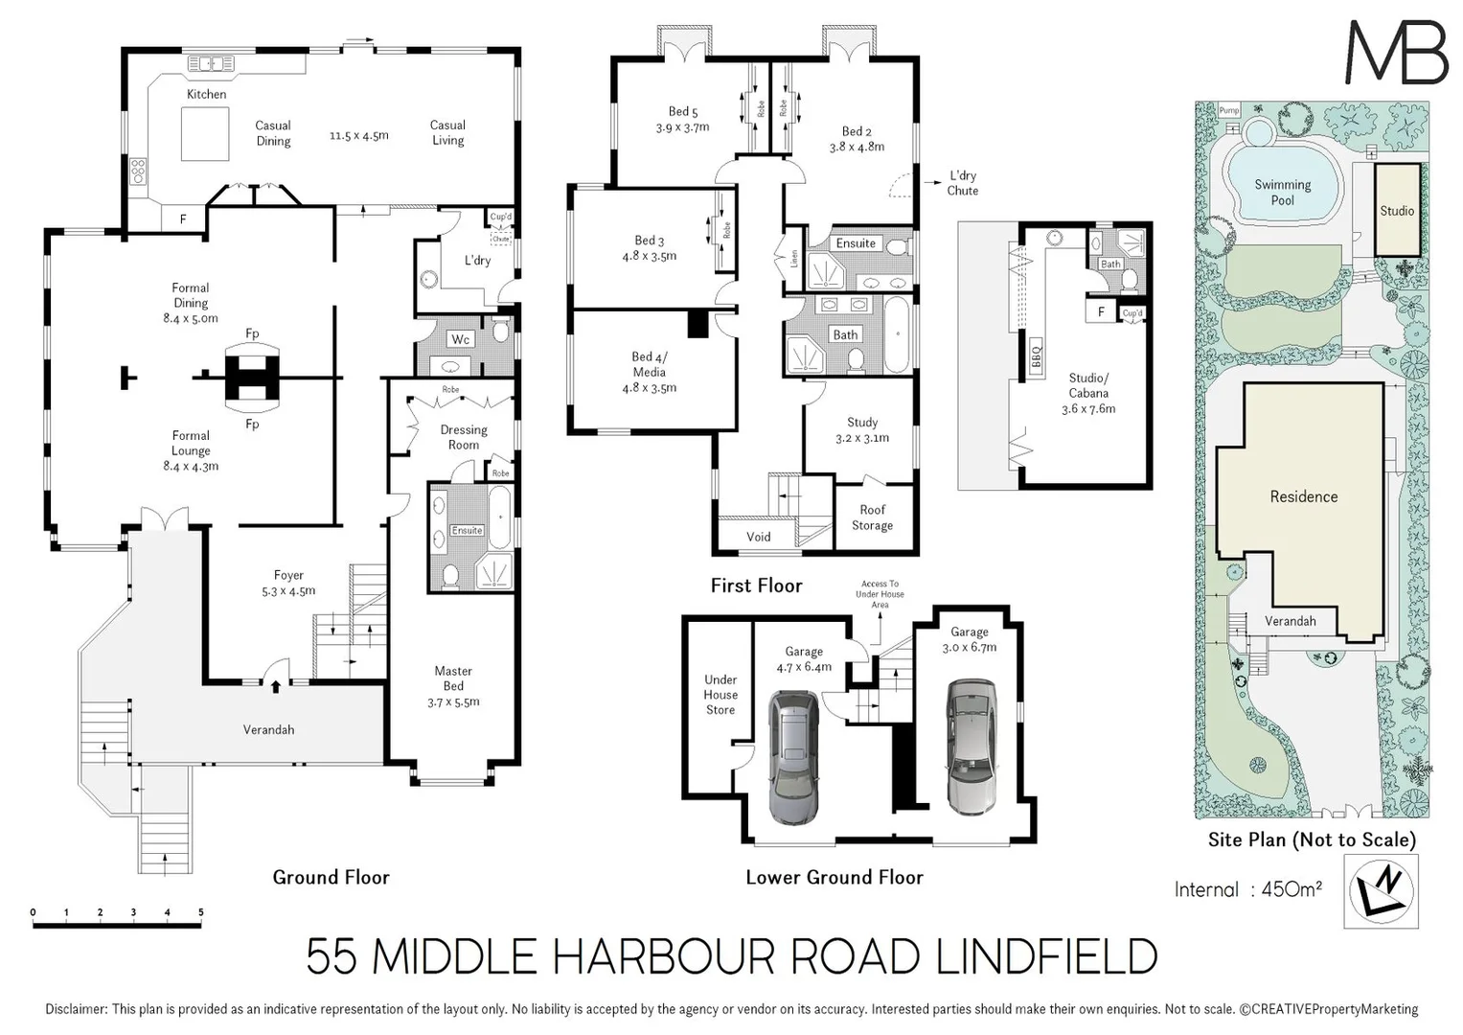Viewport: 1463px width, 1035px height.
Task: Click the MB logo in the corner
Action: (x=1396, y=53)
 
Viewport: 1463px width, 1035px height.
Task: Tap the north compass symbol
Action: (x=1381, y=890)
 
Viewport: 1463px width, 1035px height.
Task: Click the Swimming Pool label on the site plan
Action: (x=1282, y=193)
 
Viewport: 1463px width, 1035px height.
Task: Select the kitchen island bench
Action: (x=205, y=134)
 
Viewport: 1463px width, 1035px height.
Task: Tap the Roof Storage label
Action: (x=872, y=517)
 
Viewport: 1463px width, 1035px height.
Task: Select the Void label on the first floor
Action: (x=758, y=537)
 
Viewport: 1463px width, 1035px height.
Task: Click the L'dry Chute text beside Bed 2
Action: (x=963, y=183)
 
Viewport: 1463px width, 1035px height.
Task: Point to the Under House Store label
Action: (x=720, y=695)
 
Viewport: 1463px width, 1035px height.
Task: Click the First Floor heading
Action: (x=756, y=586)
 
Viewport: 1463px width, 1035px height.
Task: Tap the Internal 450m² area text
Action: (x=1247, y=889)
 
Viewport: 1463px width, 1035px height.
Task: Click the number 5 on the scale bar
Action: (x=201, y=912)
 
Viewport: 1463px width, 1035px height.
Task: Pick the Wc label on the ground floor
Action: (x=460, y=339)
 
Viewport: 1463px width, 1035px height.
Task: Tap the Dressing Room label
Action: (x=464, y=437)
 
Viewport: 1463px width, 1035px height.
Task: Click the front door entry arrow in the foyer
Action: (x=276, y=685)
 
